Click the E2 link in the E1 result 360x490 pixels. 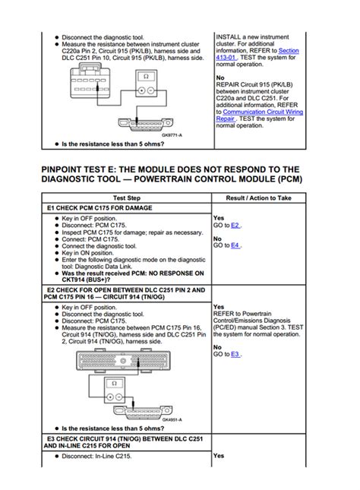[235, 226]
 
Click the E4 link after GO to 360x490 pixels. [235, 245]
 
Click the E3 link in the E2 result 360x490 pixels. [235, 355]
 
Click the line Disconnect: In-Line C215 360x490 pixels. [102, 456]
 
